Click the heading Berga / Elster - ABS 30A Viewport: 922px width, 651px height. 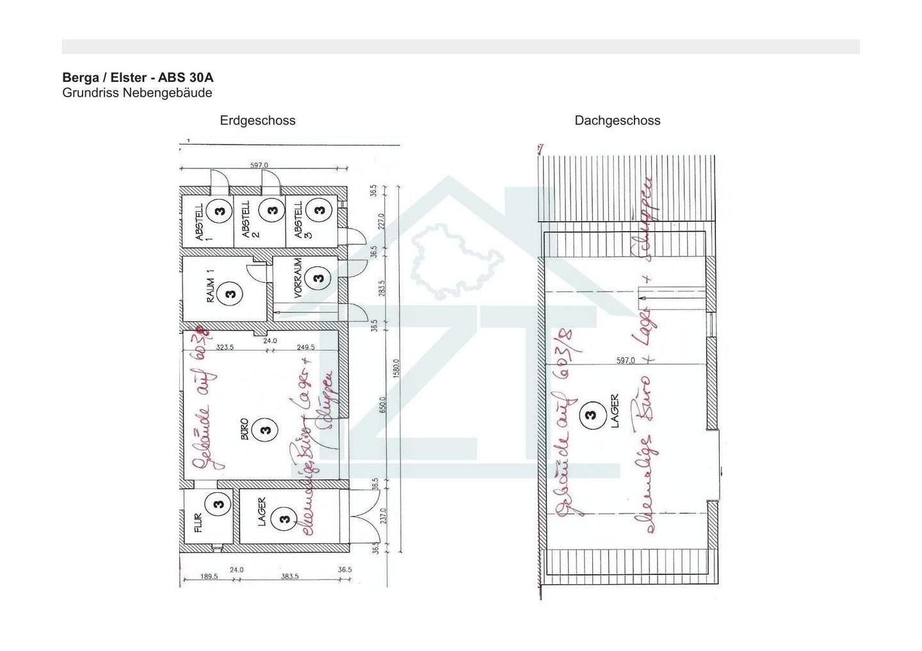click(138, 77)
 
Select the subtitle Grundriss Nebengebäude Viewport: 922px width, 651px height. click(137, 93)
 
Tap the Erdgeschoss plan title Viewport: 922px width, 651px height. click(257, 120)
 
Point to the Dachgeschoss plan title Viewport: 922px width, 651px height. click(617, 120)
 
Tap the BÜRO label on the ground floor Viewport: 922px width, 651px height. click(244, 430)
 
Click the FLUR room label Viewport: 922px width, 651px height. click(198, 523)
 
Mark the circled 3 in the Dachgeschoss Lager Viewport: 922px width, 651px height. click(590, 415)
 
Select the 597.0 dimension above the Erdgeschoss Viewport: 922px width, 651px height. click(259, 165)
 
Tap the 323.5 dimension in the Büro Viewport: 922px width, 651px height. click(225, 348)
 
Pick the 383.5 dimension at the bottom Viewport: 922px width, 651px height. click(289, 577)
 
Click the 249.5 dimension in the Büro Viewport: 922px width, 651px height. click(306, 348)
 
